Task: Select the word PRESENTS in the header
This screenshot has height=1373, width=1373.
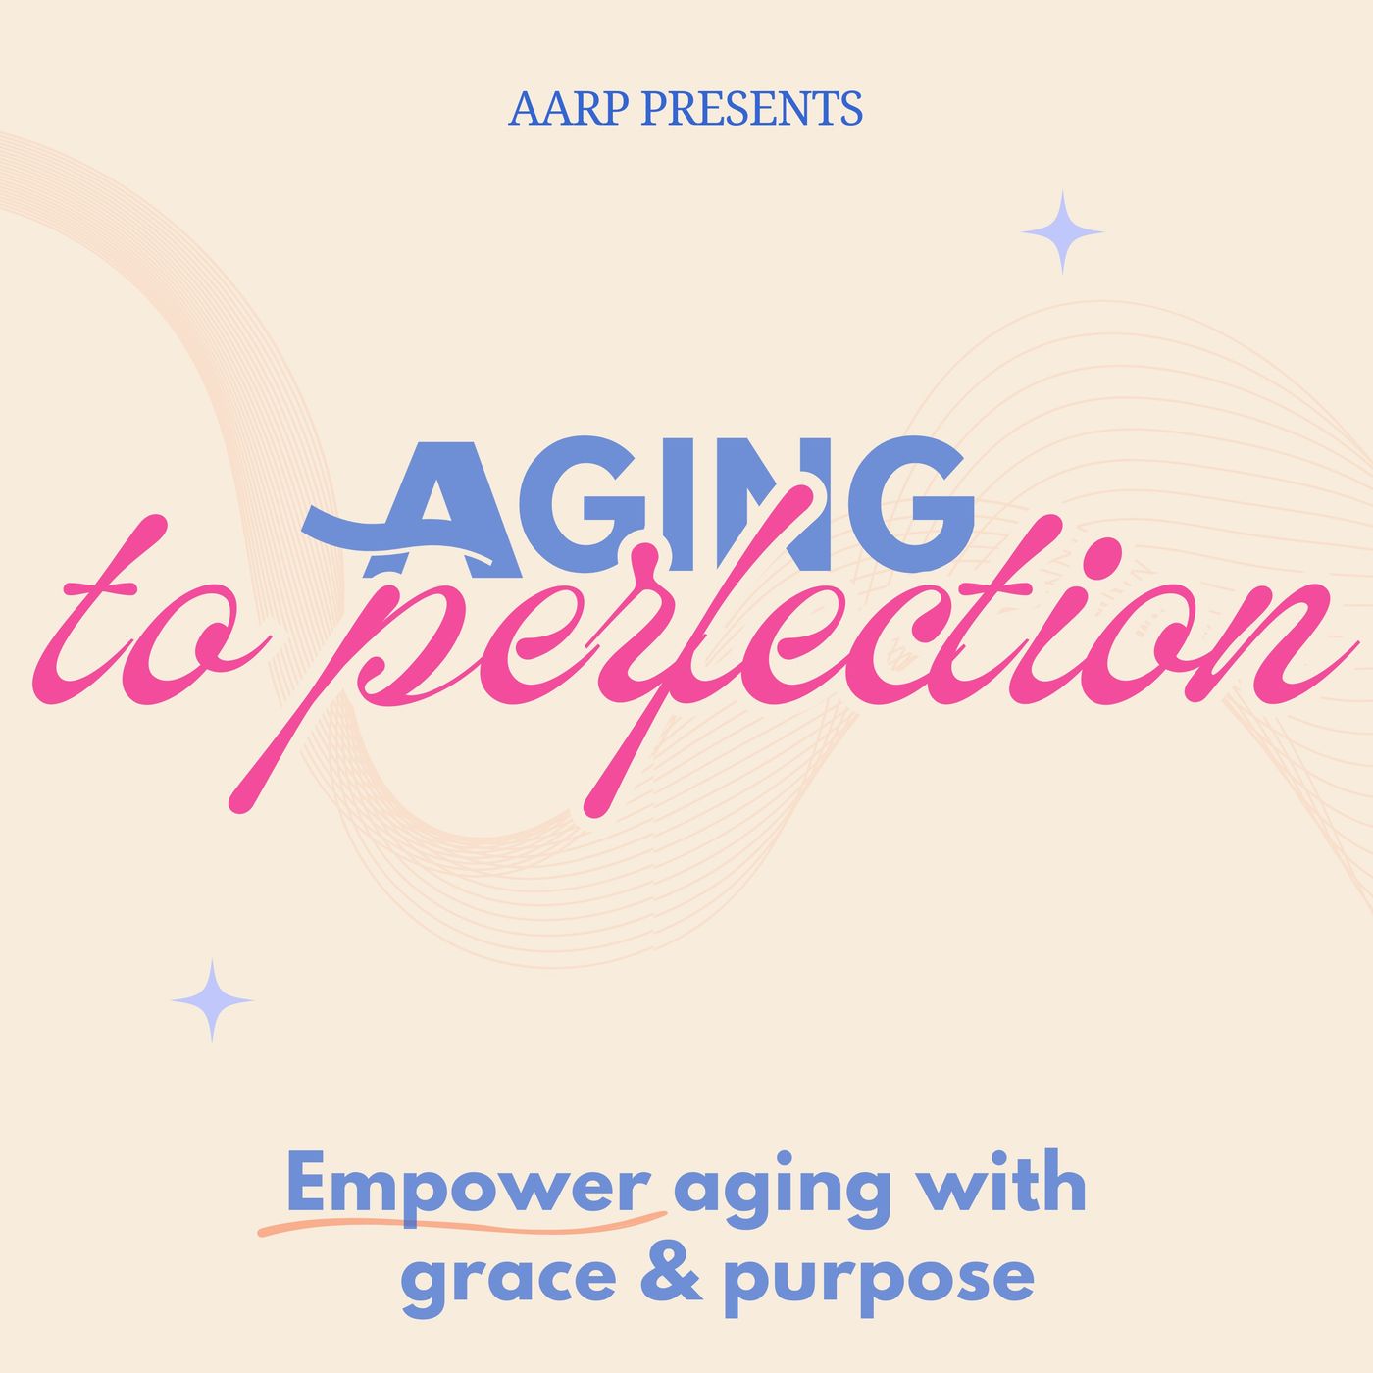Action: [751, 109]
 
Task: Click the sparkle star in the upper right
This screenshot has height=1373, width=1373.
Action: [1062, 232]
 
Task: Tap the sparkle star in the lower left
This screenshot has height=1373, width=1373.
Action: [212, 1000]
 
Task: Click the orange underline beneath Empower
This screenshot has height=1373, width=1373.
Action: [461, 1223]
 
